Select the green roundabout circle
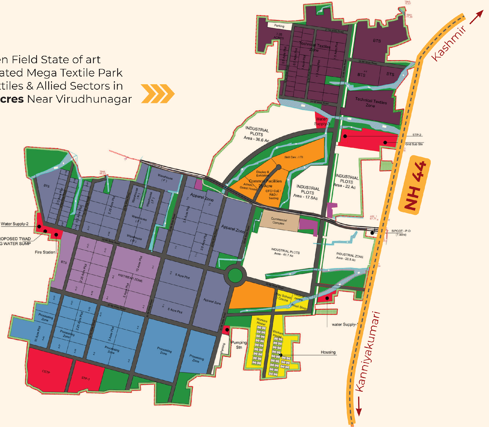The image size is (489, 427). point(235,275)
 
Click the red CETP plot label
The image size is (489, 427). point(46,372)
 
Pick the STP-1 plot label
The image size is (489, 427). point(85,378)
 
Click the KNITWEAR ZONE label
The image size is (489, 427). point(130,278)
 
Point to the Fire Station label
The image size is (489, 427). point(45,252)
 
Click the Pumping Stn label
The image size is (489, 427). point(239,345)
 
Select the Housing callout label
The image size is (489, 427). point(328,352)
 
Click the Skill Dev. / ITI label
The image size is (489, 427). point(294,157)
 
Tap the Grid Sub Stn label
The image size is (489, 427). point(414,144)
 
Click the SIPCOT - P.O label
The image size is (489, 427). point(401,231)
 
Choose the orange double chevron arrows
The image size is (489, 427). point(158,94)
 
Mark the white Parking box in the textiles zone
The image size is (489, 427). point(279,26)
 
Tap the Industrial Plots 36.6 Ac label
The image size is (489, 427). point(257,134)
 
